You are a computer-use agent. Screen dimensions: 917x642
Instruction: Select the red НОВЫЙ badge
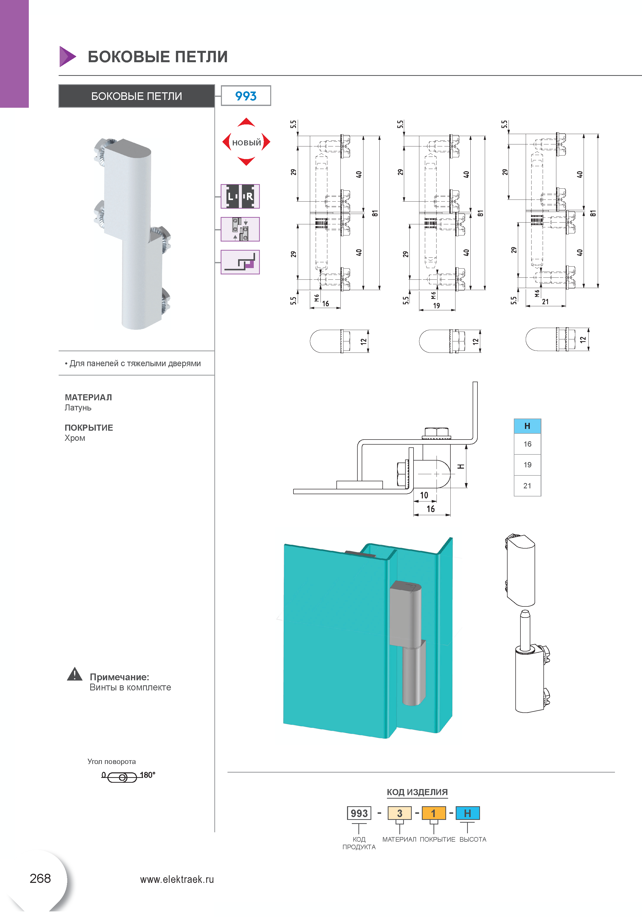pyautogui.click(x=246, y=142)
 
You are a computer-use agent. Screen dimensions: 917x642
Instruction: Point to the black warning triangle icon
pyautogui.click(x=75, y=674)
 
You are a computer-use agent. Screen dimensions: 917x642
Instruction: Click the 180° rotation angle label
pyautogui.click(x=147, y=775)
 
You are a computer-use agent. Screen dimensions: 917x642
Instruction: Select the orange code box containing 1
pyautogui.click(x=433, y=813)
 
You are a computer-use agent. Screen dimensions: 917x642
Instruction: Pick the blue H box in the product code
pyautogui.click(x=468, y=813)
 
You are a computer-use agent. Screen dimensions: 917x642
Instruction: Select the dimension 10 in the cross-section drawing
pyautogui.click(x=424, y=495)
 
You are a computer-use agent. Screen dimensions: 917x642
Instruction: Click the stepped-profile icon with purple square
pyautogui.click(x=240, y=262)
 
